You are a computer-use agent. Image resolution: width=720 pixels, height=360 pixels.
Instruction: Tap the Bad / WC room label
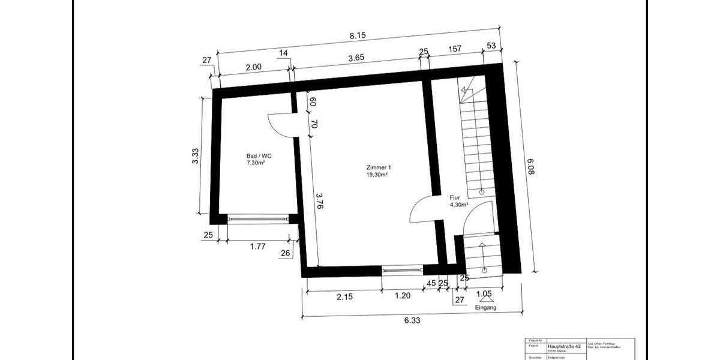click(x=256, y=155)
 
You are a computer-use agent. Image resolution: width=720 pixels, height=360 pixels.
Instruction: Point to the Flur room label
click(x=454, y=197)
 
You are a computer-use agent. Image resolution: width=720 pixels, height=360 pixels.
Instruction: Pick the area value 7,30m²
click(x=256, y=163)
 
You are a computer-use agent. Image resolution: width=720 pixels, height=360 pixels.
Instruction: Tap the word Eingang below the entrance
click(x=485, y=308)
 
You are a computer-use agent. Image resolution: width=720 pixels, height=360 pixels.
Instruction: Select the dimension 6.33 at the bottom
click(x=412, y=321)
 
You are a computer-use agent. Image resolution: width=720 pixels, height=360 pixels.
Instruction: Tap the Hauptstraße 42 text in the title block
click(x=564, y=346)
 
